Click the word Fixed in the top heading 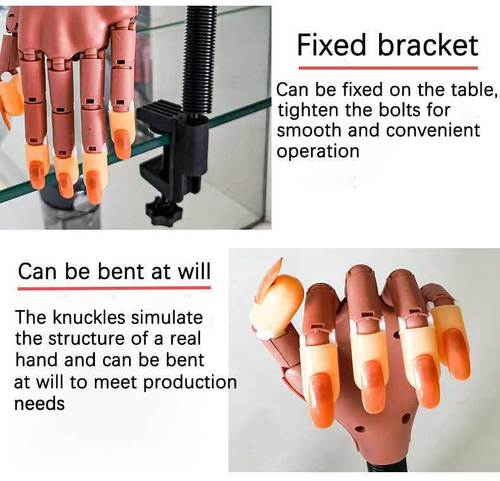[x=332, y=45]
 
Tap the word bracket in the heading [x=428, y=45]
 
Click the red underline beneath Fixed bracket [x=388, y=68]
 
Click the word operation [x=318, y=151]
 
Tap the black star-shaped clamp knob [x=164, y=211]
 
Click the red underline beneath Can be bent [x=114, y=288]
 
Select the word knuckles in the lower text [x=89, y=317]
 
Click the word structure [x=86, y=339]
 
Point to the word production [x=190, y=383]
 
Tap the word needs [x=39, y=404]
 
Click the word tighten [x=308, y=111]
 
